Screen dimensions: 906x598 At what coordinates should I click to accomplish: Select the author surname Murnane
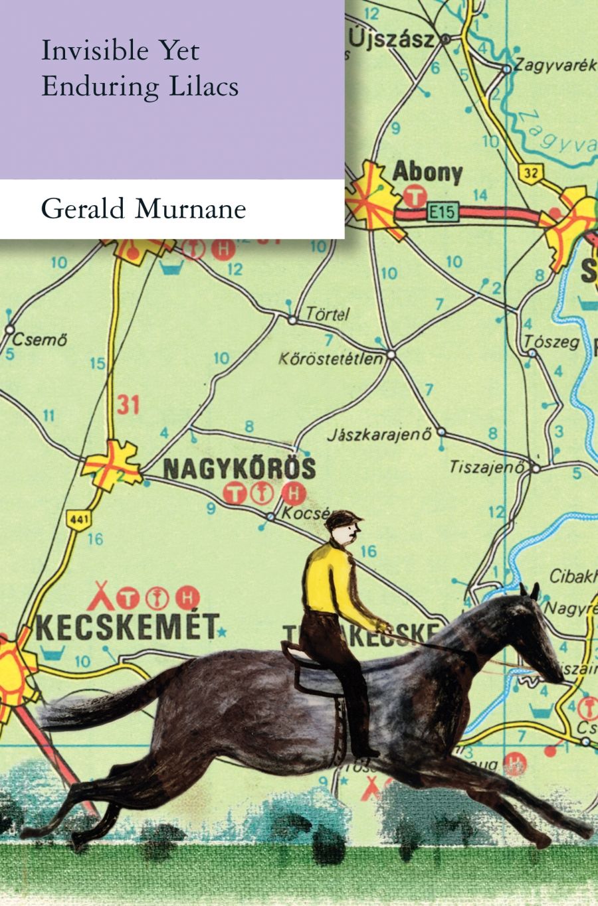191,210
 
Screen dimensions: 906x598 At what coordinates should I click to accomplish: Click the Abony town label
427,173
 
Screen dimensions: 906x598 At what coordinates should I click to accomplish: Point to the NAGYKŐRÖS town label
239,469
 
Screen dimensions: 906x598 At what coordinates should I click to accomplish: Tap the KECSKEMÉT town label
127,627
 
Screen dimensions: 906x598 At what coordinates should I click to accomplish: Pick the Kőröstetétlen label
331,359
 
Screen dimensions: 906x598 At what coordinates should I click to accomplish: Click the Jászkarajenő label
379,436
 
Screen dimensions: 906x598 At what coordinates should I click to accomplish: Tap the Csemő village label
41,341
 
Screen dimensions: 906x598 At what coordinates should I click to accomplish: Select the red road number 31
128,404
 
